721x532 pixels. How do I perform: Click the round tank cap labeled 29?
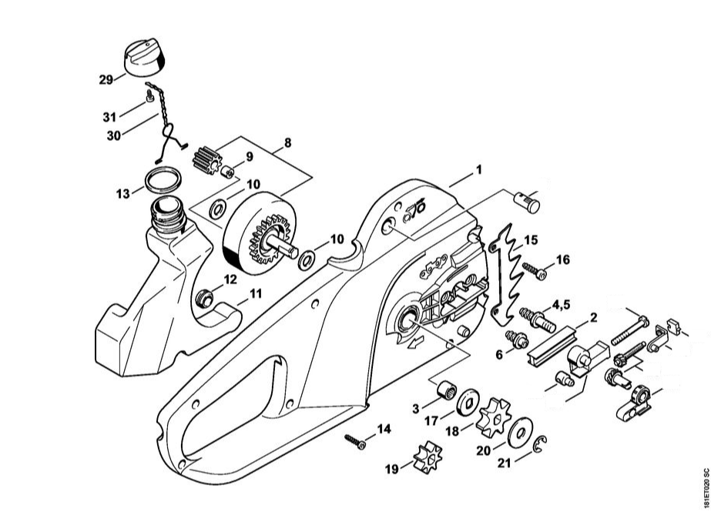point(143,59)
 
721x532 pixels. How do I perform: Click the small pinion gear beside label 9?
point(205,161)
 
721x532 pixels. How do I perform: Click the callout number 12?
point(230,279)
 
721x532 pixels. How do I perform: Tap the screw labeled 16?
point(534,270)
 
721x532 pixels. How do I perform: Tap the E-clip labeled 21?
point(542,447)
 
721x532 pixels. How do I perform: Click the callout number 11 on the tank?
point(256,293)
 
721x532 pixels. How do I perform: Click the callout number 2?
point(594,316)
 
